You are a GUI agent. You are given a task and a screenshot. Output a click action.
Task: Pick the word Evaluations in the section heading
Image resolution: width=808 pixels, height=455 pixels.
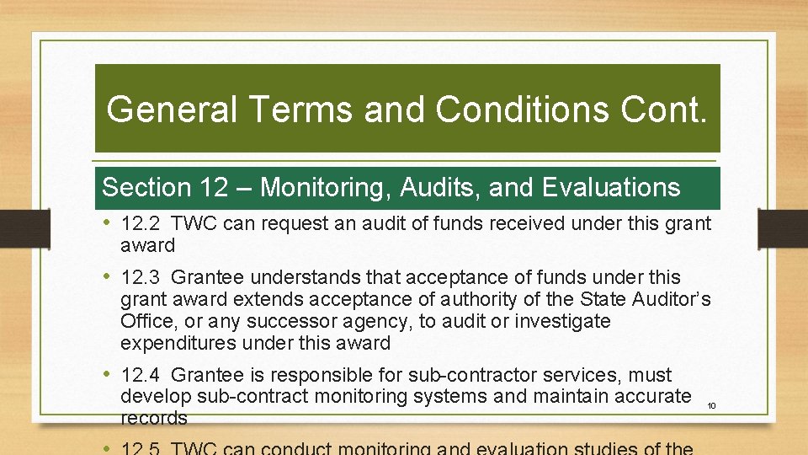(611, 187)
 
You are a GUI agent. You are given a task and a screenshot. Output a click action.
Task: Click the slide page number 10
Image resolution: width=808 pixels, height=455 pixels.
(711, 406)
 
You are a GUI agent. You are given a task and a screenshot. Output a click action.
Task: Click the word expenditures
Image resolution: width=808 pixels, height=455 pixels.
(178, 343)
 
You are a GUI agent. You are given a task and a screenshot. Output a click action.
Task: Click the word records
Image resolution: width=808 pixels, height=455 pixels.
(154, 419)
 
